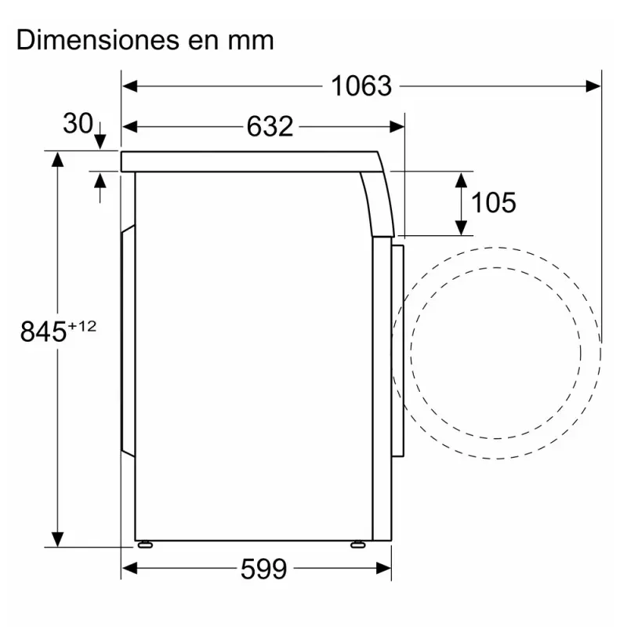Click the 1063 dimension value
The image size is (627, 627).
[361, 86]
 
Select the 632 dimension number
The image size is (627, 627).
[270, 127]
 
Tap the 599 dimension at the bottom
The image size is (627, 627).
[263, 569]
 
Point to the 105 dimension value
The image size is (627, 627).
[494, 203]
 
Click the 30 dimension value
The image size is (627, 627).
[78, 123]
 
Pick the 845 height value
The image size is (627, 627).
[43, 331]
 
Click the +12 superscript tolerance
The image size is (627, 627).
[82, 326]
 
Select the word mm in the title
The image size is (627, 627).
[251, 42]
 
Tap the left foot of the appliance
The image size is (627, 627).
[145, 544]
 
